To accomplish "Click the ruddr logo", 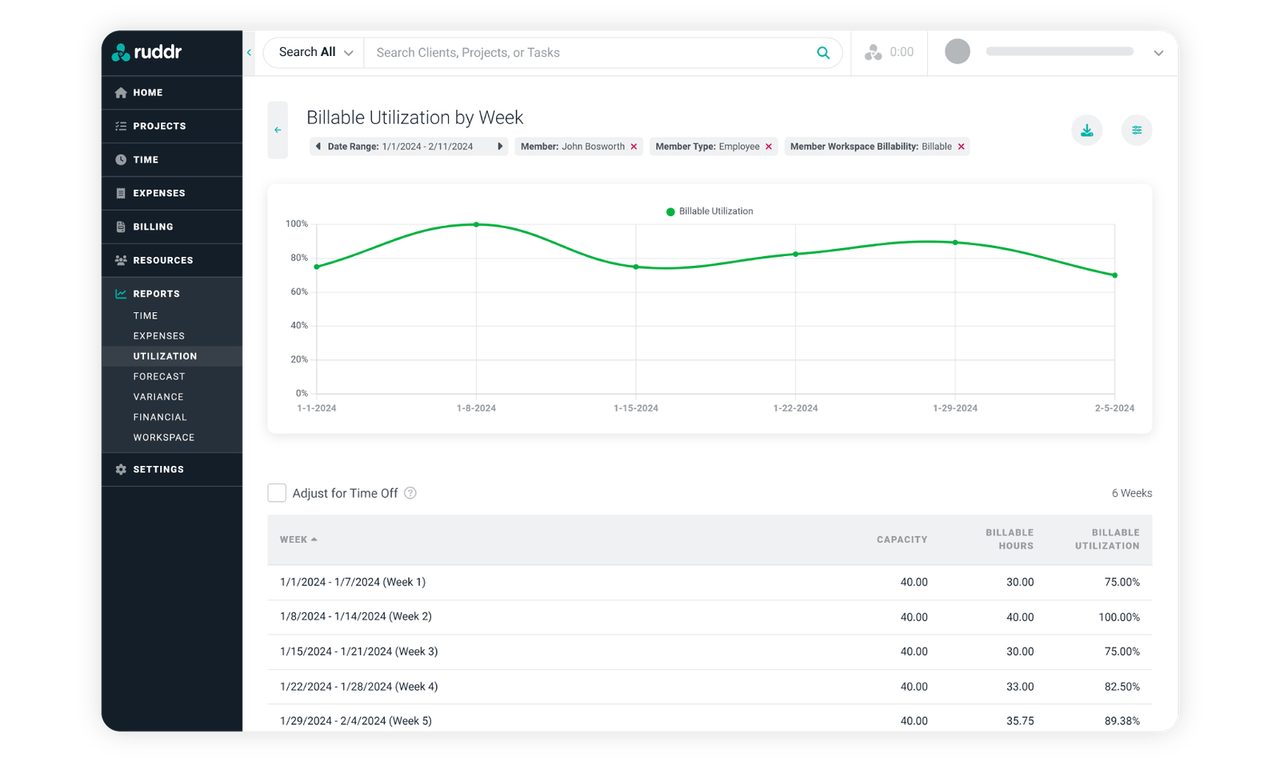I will point(147,53).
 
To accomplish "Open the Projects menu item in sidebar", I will point(159,126).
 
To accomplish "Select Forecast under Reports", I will point(159,376).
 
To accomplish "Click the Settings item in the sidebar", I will point(158,470).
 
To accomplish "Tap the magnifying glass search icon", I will point(823,53).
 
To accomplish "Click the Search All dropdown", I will point(315,53).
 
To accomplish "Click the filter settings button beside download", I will point(1136,130).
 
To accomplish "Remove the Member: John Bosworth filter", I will point(634,147).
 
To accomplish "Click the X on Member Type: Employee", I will point(769,147).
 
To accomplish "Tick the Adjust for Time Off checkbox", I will point(277,493).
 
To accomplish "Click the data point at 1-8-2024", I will point(476,225).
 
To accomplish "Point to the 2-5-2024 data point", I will point(1114,275).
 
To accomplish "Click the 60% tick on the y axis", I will point(299,292).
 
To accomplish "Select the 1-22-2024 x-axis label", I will point(795,408).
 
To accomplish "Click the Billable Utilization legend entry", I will point(710,211).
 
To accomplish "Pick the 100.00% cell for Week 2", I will point(1118,617).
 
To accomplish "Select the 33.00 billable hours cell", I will point(1019,687).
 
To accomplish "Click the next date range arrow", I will point(500,147).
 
